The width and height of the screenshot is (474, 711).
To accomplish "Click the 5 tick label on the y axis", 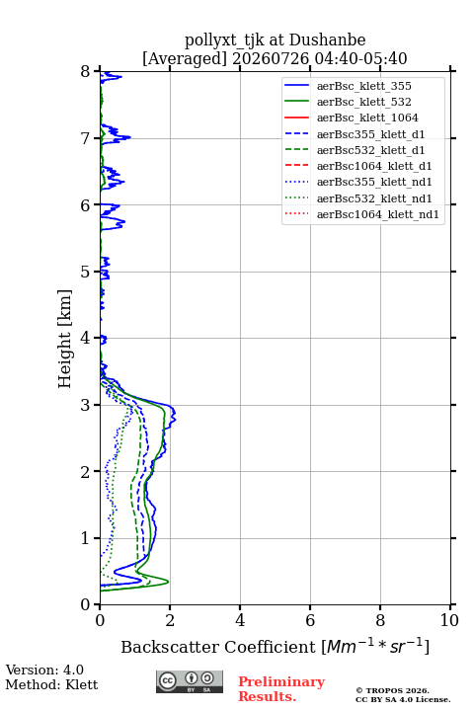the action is click(86, 272).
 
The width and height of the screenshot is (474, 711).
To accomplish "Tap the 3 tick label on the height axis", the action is click(86, 405).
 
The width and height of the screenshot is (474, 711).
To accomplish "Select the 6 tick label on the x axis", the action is click(310, 620).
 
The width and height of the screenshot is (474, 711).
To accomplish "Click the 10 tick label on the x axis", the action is click(450, 620).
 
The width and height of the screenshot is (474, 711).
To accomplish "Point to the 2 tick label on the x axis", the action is click(170, 620).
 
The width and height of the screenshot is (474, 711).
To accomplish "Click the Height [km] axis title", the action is click(65, 339).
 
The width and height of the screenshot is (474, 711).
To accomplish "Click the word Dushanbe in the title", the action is click(327, 39).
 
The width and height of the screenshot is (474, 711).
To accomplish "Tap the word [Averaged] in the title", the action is click(185, 58).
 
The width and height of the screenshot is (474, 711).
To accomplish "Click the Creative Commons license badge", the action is click(190, 682).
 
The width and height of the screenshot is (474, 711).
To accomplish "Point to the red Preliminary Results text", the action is click(281, 689).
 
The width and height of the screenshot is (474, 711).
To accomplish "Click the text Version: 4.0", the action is click(44, 670).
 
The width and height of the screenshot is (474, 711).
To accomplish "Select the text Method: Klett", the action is click(51, 684).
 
